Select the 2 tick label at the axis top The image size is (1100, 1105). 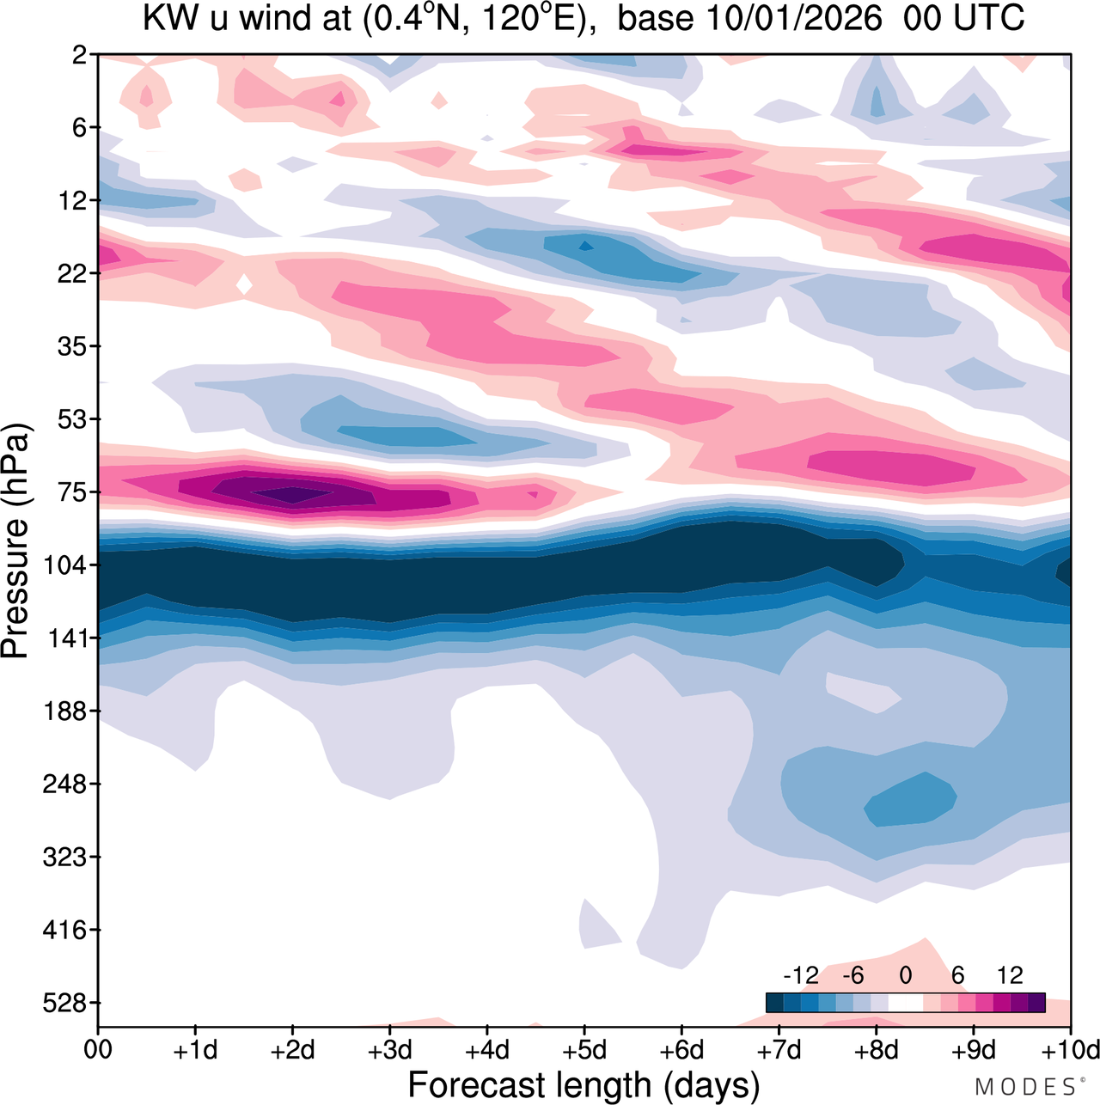click(x=80, y=55)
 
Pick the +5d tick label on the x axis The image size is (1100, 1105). click(x=584, y=1051)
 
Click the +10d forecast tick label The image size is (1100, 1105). click(x=1070, y=1051)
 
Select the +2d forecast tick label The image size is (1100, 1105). click(x=293, y=1051)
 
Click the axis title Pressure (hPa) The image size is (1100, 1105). click(x=16, y=541)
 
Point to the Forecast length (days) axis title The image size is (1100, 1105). click(x=584, y=1085)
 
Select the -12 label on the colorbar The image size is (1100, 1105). click(x=801, y=975)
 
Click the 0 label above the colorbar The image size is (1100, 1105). click(x=905, y=975)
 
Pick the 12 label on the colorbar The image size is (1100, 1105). click(x=1010, y=975)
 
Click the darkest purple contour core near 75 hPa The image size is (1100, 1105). click(x=292, y=494)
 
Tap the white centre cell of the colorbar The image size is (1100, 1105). click(x=905, y=1003)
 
